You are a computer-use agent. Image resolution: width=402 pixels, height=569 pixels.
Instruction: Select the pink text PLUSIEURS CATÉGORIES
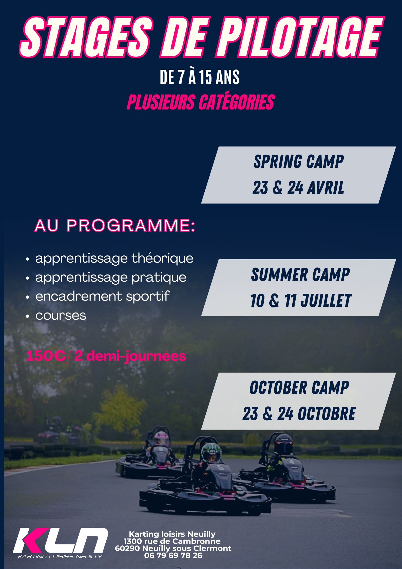click(201, 102)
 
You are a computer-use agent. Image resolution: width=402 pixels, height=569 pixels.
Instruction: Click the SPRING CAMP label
click(298, 161)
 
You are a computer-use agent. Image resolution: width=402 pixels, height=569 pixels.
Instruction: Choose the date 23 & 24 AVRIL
click(298, 188)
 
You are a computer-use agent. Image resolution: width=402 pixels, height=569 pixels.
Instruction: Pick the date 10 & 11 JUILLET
click(300, 300)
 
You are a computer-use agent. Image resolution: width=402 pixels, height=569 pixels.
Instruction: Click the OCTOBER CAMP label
click(299, 388)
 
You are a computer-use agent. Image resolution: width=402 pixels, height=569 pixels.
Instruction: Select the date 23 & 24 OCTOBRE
click(299, 414)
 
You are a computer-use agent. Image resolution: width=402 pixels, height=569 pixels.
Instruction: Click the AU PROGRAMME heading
click(115, 225)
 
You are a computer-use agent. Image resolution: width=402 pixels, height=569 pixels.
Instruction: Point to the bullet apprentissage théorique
click(114, 259)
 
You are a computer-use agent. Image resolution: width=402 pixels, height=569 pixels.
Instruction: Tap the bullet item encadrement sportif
click(102, 296)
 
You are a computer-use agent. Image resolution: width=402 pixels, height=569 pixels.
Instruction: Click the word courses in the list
click(61, 316)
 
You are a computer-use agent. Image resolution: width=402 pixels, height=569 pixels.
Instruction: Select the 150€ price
click(46, 356)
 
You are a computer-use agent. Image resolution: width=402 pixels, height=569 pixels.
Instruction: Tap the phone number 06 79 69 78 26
click(173, 555)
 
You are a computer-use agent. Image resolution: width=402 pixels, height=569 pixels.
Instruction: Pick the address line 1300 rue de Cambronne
click(172, 541)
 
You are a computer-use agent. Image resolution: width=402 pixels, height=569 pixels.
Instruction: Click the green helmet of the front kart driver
click(211, 452)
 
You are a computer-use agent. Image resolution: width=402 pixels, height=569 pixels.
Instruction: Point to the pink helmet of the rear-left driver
click(161, 438)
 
